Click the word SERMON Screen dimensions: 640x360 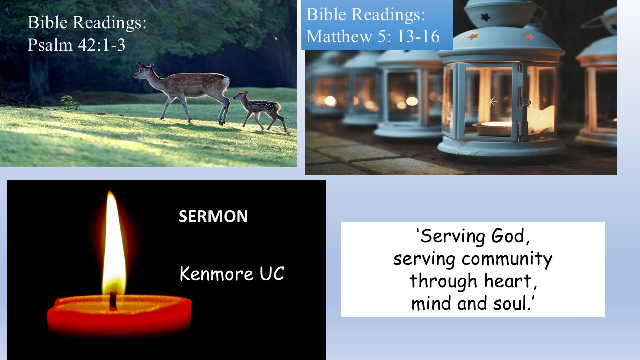(x=213, y=216)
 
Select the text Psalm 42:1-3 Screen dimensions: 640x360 (x=76, y=45)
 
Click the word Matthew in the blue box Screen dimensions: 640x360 (x=339, y=36)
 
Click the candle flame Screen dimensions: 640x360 (x=113, y=243)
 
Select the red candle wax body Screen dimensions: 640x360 (x=119, y=315)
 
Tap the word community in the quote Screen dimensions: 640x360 (x=507, y=259)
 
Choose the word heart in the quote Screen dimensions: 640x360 (x=510, y=281)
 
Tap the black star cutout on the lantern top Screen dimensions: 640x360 (x=485, y=17)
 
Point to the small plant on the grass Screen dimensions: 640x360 (x=69, y=103)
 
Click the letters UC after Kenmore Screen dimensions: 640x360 (x=272, y=273)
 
